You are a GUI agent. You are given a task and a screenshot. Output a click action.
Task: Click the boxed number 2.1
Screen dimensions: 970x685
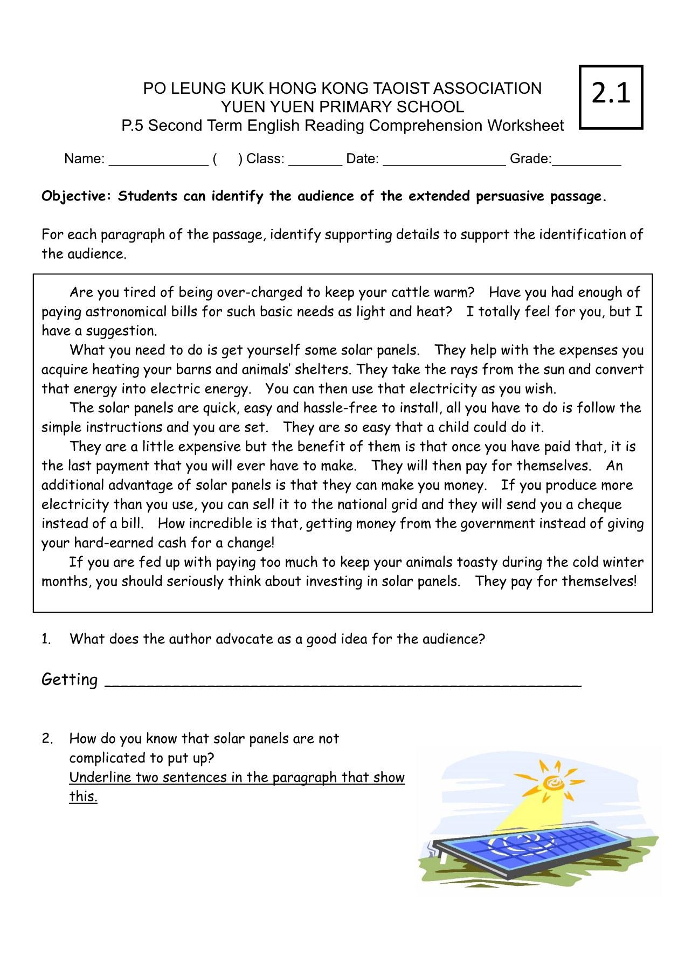point(611,94)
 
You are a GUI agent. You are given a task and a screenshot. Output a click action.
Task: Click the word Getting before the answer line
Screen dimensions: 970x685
point(70,680)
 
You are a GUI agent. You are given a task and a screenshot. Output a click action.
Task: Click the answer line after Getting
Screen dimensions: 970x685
point(343,683)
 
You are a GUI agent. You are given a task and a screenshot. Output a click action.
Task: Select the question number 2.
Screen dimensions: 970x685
point(47,739)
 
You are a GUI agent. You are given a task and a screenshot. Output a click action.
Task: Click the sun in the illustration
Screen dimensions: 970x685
point(553,782)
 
